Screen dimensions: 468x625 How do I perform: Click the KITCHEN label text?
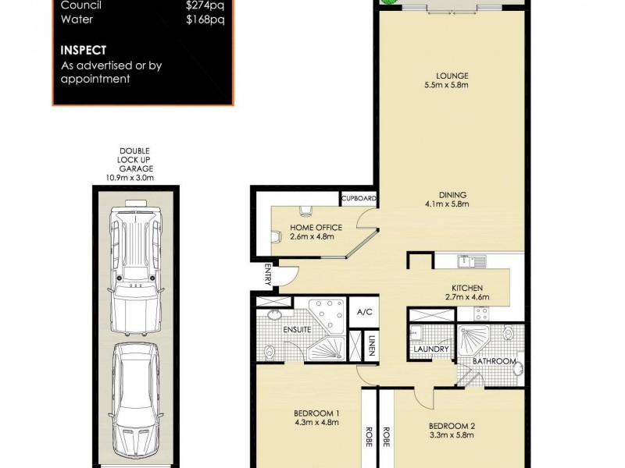[467, 288]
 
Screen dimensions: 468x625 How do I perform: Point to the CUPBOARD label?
[360, 199]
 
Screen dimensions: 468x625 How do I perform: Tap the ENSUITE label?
[297, 329]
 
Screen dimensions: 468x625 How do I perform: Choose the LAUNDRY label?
[430, 349]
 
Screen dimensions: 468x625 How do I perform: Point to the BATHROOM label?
[495, 361]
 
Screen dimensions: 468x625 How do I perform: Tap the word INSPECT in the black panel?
[84, 50]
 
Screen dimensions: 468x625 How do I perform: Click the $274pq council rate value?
[205, 5]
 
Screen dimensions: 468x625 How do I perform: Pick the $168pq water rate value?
[205, 20]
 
